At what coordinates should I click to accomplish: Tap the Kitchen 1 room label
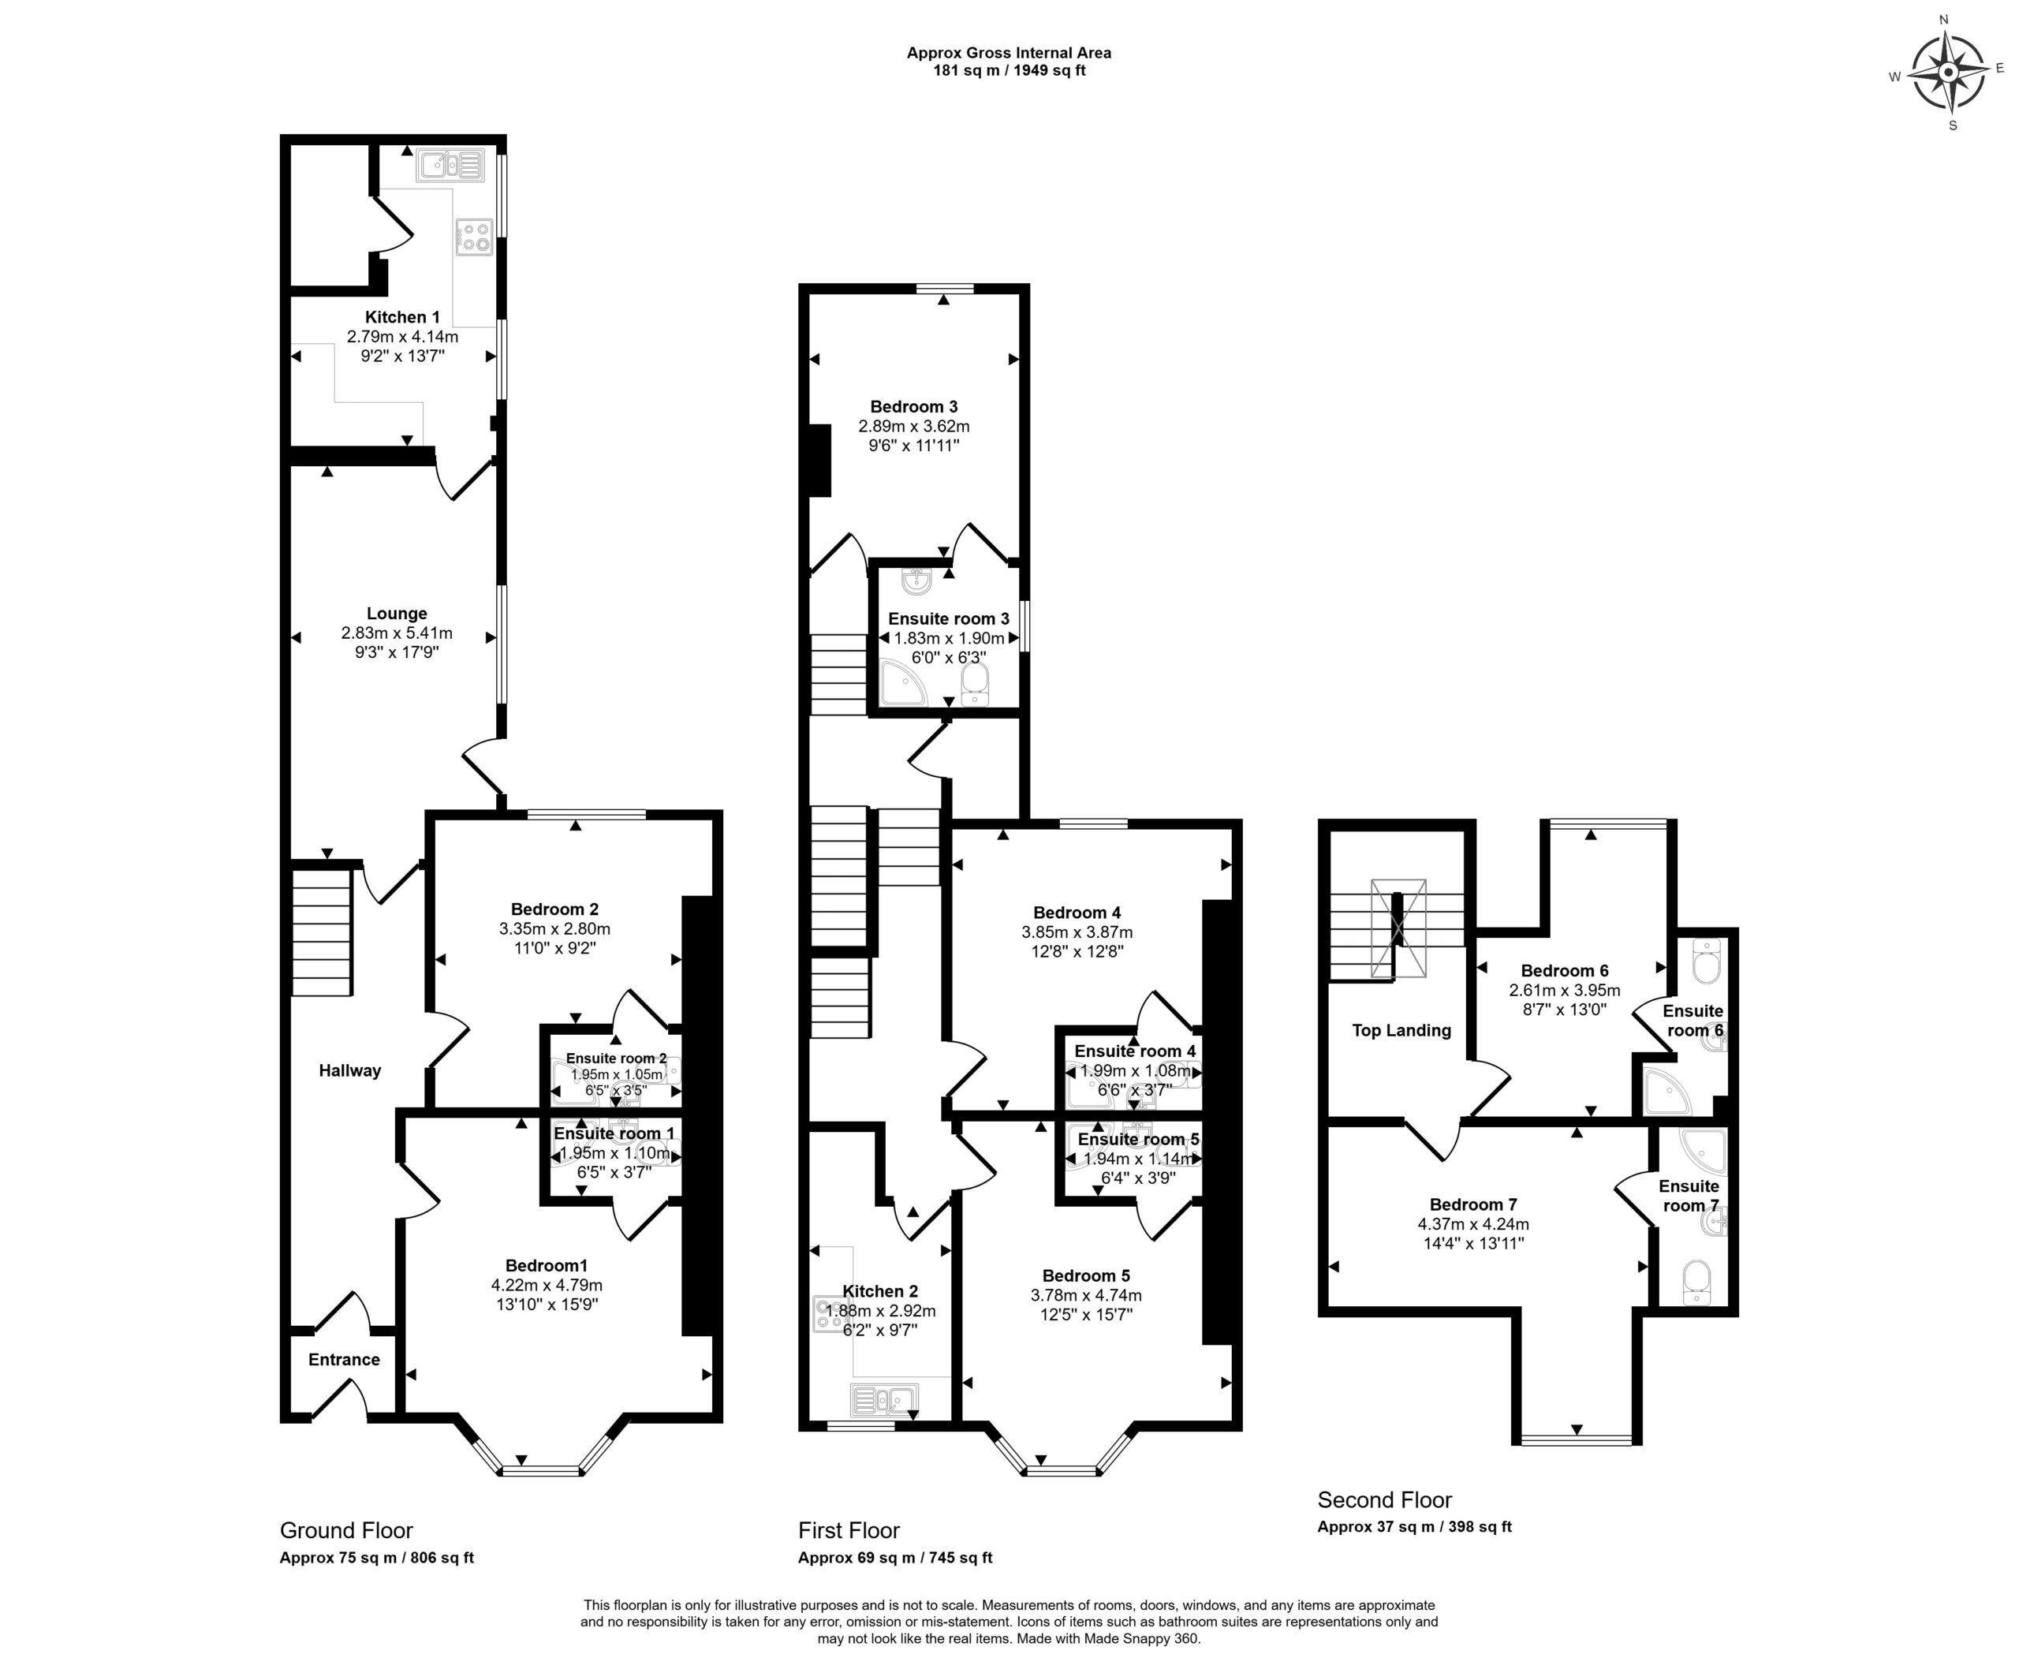[402, 317]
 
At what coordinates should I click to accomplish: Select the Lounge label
[397, 614]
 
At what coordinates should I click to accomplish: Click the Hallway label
[350, 1070]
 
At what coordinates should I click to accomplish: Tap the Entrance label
[344, 1360]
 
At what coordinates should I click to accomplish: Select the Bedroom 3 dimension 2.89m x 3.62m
[914, 426]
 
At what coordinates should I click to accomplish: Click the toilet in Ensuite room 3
[975, 684]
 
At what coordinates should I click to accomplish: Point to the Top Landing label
[1401, 1031]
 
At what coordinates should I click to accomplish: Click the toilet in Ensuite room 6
[1707, 961]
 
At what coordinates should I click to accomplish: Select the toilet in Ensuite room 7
[1697, 1283]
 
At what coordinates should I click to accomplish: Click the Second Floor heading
[1384, 1499]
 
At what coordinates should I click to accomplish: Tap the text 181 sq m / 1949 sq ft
[1009, 70]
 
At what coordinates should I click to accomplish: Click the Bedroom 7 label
[1473, 1204]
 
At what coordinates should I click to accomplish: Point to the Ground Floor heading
[346, 1530]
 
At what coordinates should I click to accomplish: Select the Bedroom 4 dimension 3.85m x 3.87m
[1077, 932]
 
